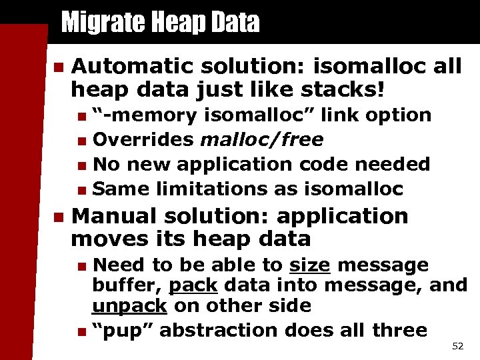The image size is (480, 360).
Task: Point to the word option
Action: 399,115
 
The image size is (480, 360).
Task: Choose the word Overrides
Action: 143,139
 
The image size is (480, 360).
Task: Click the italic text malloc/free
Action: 262,139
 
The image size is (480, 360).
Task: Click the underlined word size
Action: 309,265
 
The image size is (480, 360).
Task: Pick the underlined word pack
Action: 193,286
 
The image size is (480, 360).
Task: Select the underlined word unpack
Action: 129,307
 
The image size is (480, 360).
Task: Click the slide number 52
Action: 457,346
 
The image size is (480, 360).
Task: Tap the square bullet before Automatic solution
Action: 58,66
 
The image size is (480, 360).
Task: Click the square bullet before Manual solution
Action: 58,217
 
